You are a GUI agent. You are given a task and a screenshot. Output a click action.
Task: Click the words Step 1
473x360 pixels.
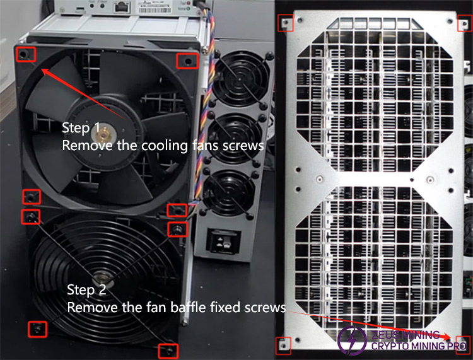coord(80,128)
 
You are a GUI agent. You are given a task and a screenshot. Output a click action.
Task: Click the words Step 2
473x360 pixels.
coord(86,291)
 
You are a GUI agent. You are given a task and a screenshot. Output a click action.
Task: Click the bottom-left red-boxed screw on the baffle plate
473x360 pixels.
coord(284,344)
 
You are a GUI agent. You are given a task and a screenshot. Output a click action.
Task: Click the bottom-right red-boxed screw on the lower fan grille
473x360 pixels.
coord(167,350)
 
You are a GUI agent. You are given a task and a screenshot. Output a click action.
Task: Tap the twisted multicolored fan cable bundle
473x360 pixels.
coord(206,126)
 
